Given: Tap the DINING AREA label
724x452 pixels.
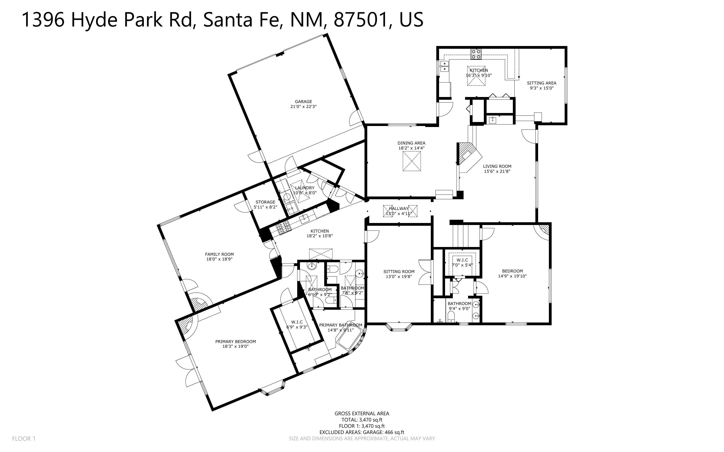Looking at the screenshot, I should (411, 143).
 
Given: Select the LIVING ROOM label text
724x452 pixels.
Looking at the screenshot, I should (497, 166).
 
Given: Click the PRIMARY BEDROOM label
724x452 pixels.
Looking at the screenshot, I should (235, 341).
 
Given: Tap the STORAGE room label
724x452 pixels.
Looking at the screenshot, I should (265, 202).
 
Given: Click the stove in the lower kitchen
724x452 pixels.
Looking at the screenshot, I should (284, 229).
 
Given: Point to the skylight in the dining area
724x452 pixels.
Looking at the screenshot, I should (412, 161).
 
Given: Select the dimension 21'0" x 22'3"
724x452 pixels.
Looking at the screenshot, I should (303, 107).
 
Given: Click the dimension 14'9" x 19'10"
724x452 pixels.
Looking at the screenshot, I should (512, 276).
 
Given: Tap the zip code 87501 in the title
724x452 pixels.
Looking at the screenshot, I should (361, 20).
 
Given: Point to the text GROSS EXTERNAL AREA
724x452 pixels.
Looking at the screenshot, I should (361, 413).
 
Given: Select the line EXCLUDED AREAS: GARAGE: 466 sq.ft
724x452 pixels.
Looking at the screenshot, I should (361, 432).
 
